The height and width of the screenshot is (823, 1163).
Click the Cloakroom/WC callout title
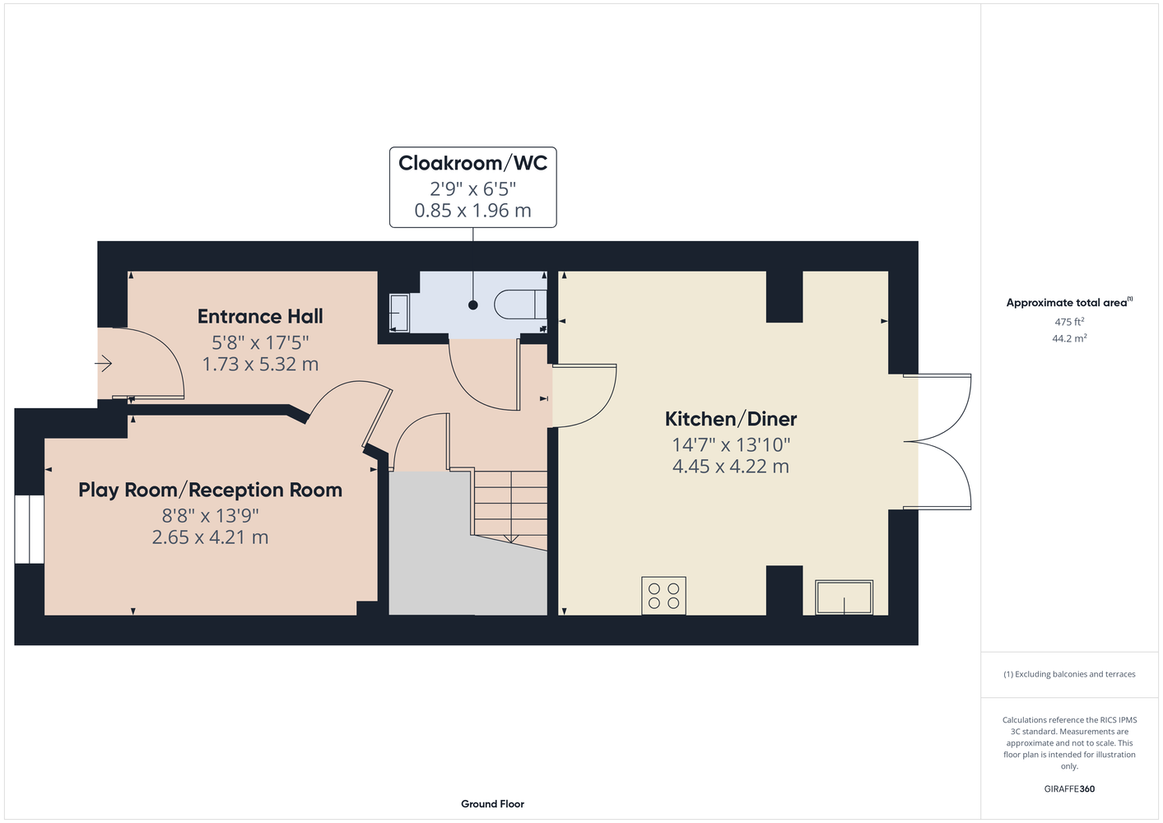pyautogui.click(x=472, y=163)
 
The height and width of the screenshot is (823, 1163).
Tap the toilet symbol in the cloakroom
pyautogui.click(x=520, y=305)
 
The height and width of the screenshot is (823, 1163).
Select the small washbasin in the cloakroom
pyautogui.click(x=399, y=313)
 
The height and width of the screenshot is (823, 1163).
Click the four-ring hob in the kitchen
pyautogui.click(x=663, y=596)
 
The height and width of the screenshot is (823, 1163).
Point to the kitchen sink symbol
pyautogui.click(x=844, y=597)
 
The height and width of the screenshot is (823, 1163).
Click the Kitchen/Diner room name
pyautogui.click(x=731, y=419)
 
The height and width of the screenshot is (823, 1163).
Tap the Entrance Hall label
pyautogui.click(x=260, y=316)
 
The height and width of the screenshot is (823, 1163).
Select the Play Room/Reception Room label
pyautogui.click(x=210, y=490)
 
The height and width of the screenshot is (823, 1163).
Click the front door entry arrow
pyautogui.click(x=104, y=363)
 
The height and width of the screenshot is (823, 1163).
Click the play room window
pyautogui.click(x=29, y=529)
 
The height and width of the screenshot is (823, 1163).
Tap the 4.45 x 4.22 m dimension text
pyautogui.click(x=731, y=467)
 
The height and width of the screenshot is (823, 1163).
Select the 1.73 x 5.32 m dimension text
pyautogui.click(x=260, y=364)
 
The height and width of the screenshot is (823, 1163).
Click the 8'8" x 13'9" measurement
pyautogui.click(x=210, y=515)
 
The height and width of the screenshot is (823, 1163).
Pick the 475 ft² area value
pyautogui.click(x=1069, y=322)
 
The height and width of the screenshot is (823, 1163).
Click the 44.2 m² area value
pyautogui.click(x=1069, y=338)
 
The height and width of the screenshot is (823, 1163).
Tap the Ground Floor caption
pyautogui.click(x=492, y=804)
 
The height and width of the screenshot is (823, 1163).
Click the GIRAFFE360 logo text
pyautogui.click(x=1069, y=788)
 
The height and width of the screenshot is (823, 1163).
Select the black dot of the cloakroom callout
pyautogui.click(x=472, y=305)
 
